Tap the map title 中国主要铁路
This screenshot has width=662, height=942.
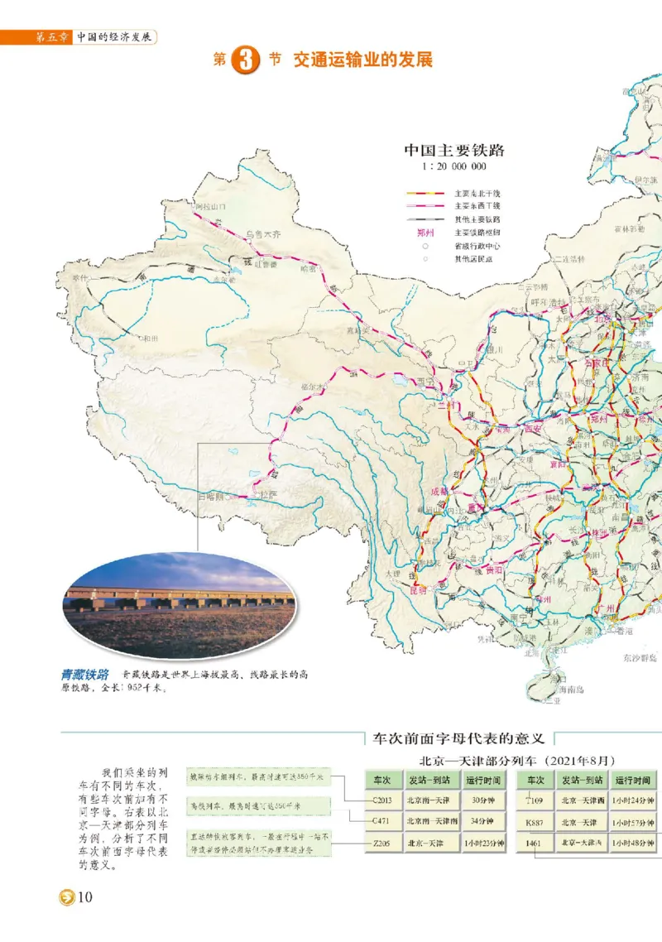454,151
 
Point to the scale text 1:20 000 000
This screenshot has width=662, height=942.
453,166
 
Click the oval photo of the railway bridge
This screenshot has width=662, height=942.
179,604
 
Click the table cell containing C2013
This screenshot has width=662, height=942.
381,800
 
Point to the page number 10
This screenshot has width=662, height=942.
84,899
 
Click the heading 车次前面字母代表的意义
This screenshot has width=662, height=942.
459,737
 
